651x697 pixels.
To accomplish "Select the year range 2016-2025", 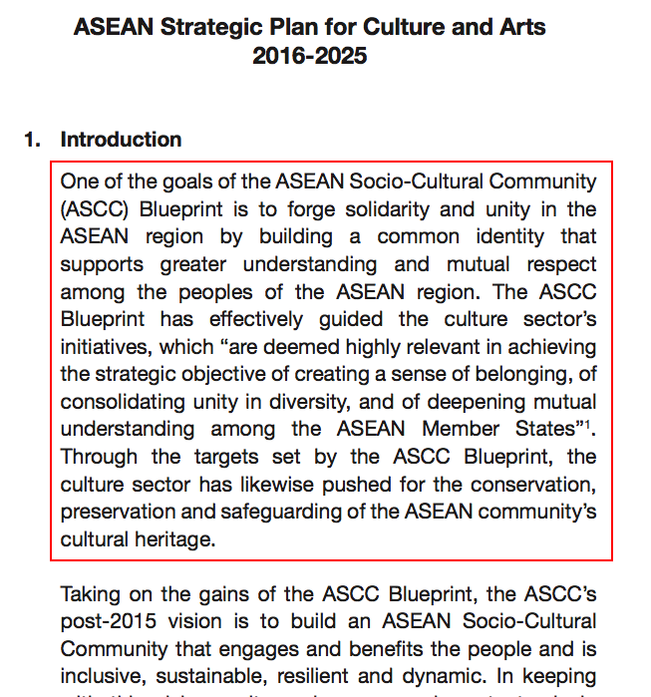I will click(x=309, y=56).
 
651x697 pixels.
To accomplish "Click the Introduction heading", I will click(x=121, y=140).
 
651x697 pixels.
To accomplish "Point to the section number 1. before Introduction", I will click(x=32, y=140).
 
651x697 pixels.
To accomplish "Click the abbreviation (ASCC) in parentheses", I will click(x=93, y=209).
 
